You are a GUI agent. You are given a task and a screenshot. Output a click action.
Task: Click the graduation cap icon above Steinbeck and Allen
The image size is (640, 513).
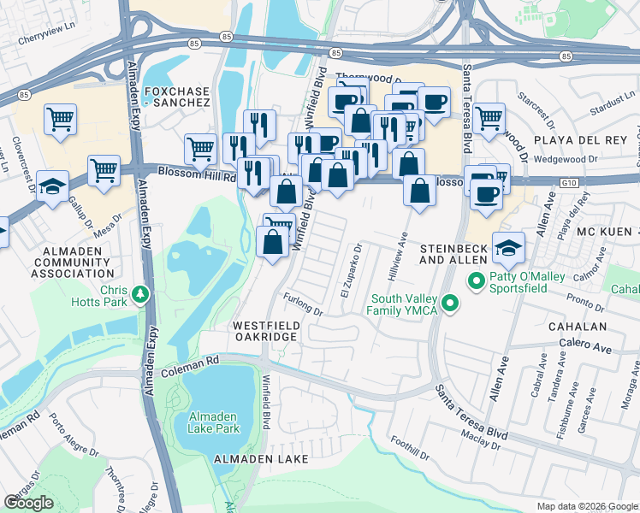[x=508, y=246]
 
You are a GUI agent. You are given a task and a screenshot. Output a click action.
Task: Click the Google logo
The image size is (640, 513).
[x=29, y=503]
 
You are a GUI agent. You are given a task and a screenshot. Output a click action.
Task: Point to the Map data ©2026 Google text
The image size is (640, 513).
[x=586, y=506]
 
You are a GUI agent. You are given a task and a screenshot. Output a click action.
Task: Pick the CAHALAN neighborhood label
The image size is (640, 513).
[x=579, y=327]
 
